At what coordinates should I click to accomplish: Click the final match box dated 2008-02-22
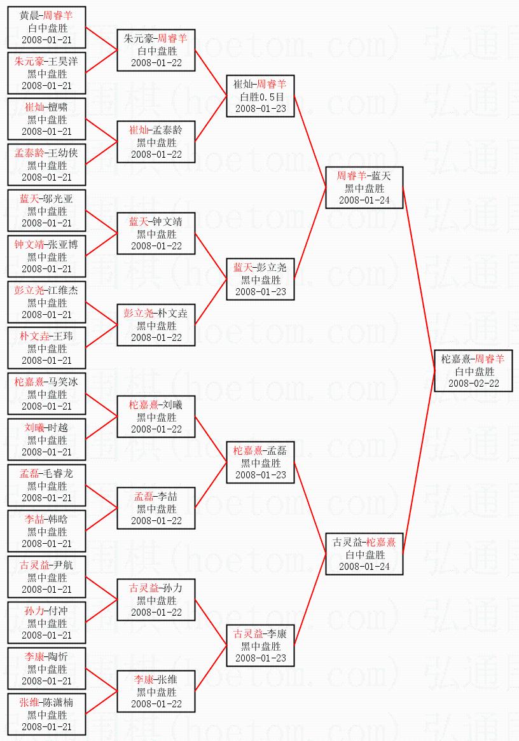click(x=473, y=371)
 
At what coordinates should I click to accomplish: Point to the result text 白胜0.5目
click(x=260, y=96)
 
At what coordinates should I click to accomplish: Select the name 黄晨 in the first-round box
click(x=29, y=16)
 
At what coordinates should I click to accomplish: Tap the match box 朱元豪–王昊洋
click(x=47, y=73)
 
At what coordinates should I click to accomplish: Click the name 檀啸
click(x=58, y=107)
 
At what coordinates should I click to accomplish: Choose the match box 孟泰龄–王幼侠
click(x=47, y=165)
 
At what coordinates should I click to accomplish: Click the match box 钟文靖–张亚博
click(x=47, y=256)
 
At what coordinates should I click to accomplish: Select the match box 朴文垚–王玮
click(x=47, y=348)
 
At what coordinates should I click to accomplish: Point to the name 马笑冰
click(x=63, y=382)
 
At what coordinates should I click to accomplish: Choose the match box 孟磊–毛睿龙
click(x=47, y=485)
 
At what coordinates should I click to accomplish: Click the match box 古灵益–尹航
click(x=47, y=577)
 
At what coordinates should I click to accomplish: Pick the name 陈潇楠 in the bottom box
click(x=58, y=703)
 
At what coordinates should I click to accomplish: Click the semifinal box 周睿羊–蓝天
click(x=364, y=188)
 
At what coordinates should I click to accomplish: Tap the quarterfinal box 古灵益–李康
click(x=260, y=646)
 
